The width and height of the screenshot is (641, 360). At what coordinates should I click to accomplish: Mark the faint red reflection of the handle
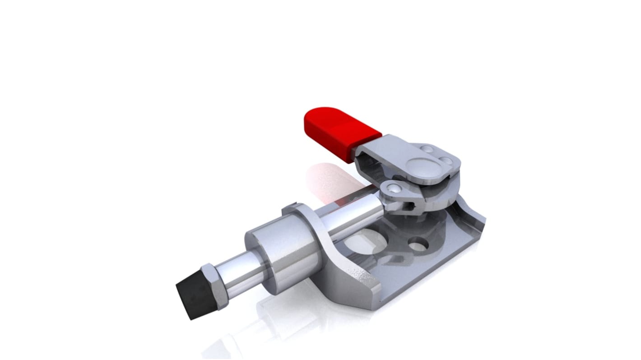(330, 180)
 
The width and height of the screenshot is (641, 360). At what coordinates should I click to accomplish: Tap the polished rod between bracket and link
(357, 212)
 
